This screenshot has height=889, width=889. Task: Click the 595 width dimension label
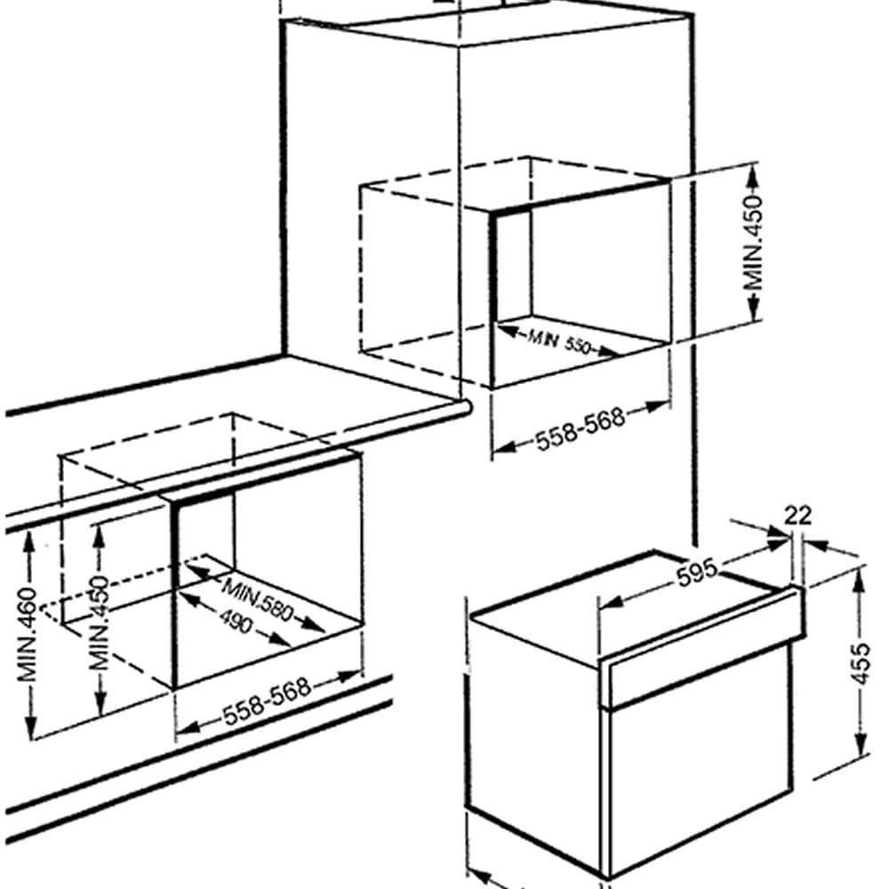click(697, 573)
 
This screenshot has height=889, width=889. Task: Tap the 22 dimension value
click(798, 516)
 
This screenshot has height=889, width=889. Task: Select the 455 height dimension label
click(861, 663)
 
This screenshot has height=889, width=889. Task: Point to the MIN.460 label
click(28, 635)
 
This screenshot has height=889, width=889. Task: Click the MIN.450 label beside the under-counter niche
click(100, 622)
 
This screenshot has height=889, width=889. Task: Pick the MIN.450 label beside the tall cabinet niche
click(754, 243)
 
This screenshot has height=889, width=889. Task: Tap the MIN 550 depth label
click(559, 341)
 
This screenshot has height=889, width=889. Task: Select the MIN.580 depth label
click(258, 598)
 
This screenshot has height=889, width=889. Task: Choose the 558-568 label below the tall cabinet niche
click(580, 428)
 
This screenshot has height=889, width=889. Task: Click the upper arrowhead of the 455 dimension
click(860, 579)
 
